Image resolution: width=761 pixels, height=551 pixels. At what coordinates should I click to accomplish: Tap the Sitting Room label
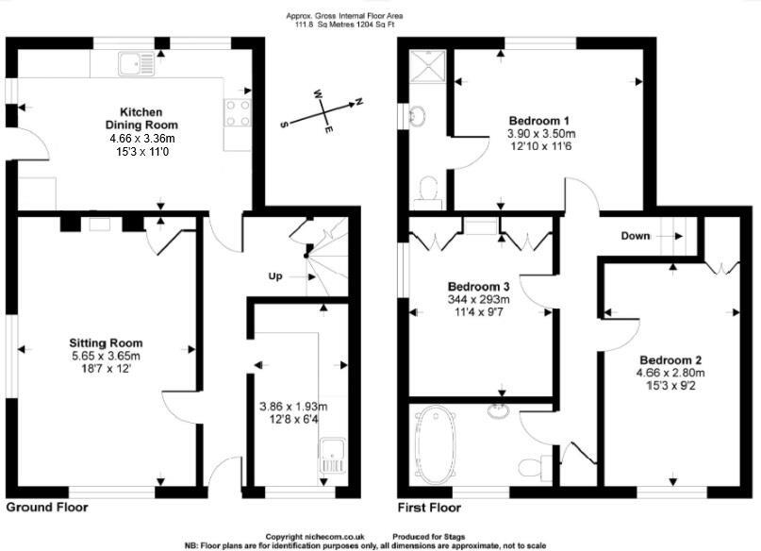coord(106,342)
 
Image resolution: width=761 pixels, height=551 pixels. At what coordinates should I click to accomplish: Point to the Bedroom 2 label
coord(670,360)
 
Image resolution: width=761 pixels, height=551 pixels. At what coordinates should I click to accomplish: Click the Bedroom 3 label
coord(478,287)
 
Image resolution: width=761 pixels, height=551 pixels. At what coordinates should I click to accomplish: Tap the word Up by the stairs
coord(276,276)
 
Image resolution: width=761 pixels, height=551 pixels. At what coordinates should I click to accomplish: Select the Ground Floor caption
coord(47,508)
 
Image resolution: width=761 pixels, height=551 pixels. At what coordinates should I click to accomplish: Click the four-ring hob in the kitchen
coord(238,112)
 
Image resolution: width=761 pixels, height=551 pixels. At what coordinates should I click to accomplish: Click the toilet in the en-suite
coord(429,190)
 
